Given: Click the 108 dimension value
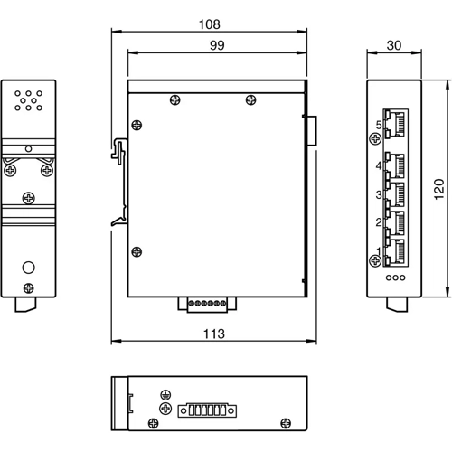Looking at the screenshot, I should (209, 24).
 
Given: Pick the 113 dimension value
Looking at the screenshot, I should (213, 334).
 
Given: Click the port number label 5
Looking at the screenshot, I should (379, 125).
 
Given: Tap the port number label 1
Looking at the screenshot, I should (379, 250).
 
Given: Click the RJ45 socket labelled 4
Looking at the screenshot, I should (396, 165).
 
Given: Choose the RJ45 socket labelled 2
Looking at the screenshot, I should (396, 221).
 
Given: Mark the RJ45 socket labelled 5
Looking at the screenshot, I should (396, 122).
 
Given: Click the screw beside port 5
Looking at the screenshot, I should (376, 138).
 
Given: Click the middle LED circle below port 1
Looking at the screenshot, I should (395, 277).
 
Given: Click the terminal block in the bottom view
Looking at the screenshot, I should (207, 410).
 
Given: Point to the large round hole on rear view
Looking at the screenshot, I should (29, 268).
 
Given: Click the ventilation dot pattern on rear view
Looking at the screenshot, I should (29, 99).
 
